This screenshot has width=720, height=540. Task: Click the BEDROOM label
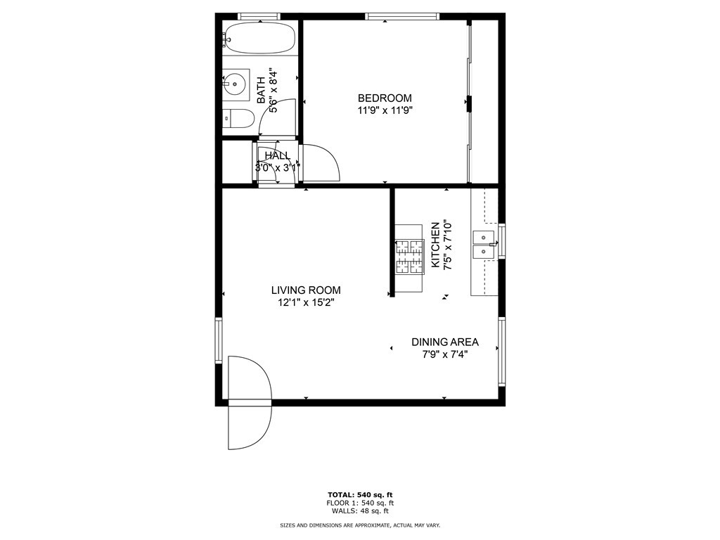pyautogui.click(x=385, y=98)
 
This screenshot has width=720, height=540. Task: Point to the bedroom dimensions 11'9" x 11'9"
pyautogui.click(x=385, y=110)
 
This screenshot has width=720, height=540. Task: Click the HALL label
pyautogui.click(x=276, y=155)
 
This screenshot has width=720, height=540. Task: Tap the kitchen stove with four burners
pyautogui.click(x=410, y=257)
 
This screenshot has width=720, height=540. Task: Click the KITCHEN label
pyautogui.click(x=436, y=245)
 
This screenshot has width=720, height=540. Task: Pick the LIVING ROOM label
pyautogui.click(x=306, y=290)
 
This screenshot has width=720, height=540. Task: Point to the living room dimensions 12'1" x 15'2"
pyautogui.click(x=306, y=303)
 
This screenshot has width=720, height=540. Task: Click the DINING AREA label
pyautogui.click(x=444, y=342)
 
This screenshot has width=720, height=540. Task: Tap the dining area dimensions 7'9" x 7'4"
pyautogui.click(x=444, y=355)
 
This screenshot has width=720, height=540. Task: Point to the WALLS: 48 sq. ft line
pyautogui.click(x=360, y=512)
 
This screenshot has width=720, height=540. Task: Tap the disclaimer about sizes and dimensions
pyautogui.click(x=360, y=526)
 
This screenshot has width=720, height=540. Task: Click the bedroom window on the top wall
pyautogui.click(x=402, y=16)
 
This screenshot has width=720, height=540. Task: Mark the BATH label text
pyautogui.click(x=261, y=90)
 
